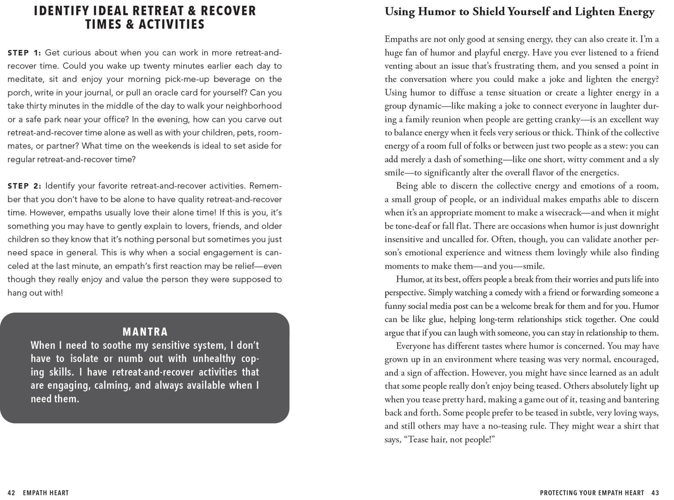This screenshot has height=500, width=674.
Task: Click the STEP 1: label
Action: coord(24,53)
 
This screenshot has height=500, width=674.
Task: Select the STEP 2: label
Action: coord(24,186)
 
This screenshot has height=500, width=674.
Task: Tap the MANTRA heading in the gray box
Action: coord(145,332)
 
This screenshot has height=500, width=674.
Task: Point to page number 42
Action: coord(12,493)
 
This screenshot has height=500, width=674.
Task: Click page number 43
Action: coord(655,493)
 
